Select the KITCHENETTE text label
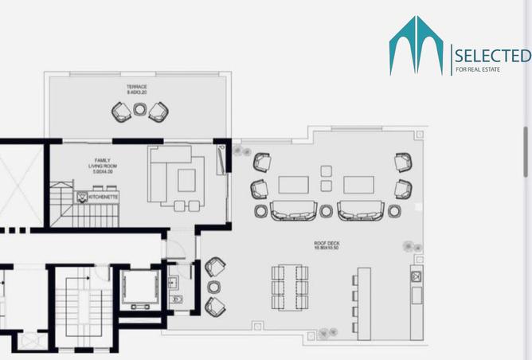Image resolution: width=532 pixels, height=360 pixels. (104, 194)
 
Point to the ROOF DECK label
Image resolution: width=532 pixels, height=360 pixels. (327, 247)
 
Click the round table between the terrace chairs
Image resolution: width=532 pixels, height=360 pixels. (139, 110)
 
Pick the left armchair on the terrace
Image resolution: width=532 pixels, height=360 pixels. (120, 112)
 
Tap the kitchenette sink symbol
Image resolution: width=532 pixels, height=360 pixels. (81, 195)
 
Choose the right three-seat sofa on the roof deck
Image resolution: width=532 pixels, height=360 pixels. (361, 210)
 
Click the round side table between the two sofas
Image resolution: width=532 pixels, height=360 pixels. (327, 211)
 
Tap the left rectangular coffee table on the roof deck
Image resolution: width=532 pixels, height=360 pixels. (293, 185)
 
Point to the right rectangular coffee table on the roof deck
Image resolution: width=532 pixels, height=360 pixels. (359, 185)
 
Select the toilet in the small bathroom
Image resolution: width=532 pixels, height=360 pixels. (177, 299)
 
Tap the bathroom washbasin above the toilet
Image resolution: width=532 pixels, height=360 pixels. (175, 279)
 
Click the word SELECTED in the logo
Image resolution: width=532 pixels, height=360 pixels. (491, 56)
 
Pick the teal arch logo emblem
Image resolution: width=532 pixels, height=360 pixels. (416, 45)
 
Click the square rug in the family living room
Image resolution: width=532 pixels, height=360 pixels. (186, 180)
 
